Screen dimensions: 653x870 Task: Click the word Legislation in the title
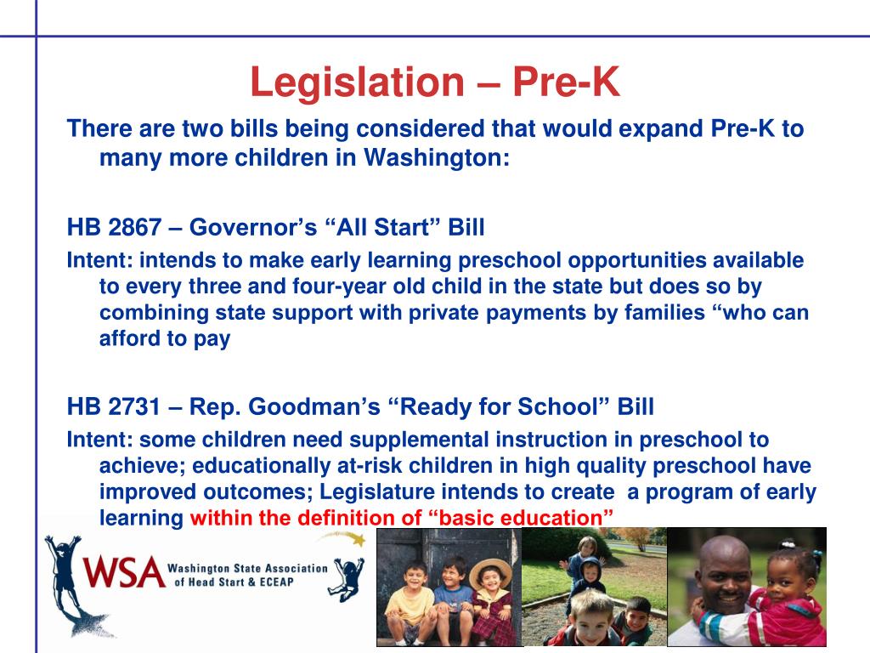[357, 82]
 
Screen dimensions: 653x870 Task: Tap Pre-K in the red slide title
[566, 82]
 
